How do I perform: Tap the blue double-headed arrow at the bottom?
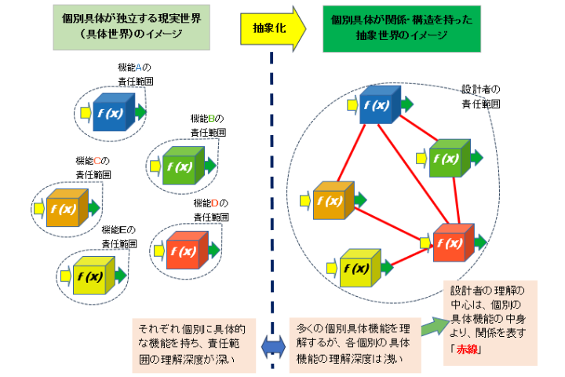(272, 343)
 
